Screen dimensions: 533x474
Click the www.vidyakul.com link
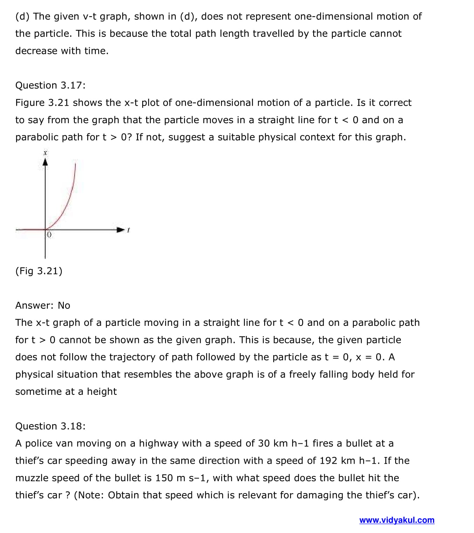[x=397, y=520]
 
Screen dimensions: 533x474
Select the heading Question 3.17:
[x=50, y=85]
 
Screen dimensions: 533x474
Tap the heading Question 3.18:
[x=50, y=426]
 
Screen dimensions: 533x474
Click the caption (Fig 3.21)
[x=39, y=271]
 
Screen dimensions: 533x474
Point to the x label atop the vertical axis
[x=45, y=153]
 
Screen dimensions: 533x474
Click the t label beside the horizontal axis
[x=129, y=230]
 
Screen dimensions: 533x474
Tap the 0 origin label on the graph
[x=49, y=234]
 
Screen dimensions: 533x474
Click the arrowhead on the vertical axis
[x=45, y=162]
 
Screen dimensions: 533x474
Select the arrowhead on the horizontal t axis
[x=121, y=230]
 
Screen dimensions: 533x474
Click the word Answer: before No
[x=34, y=306]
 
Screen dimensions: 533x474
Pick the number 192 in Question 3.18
[x=328, y=461]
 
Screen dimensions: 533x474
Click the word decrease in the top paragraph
[x=36, y=51]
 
